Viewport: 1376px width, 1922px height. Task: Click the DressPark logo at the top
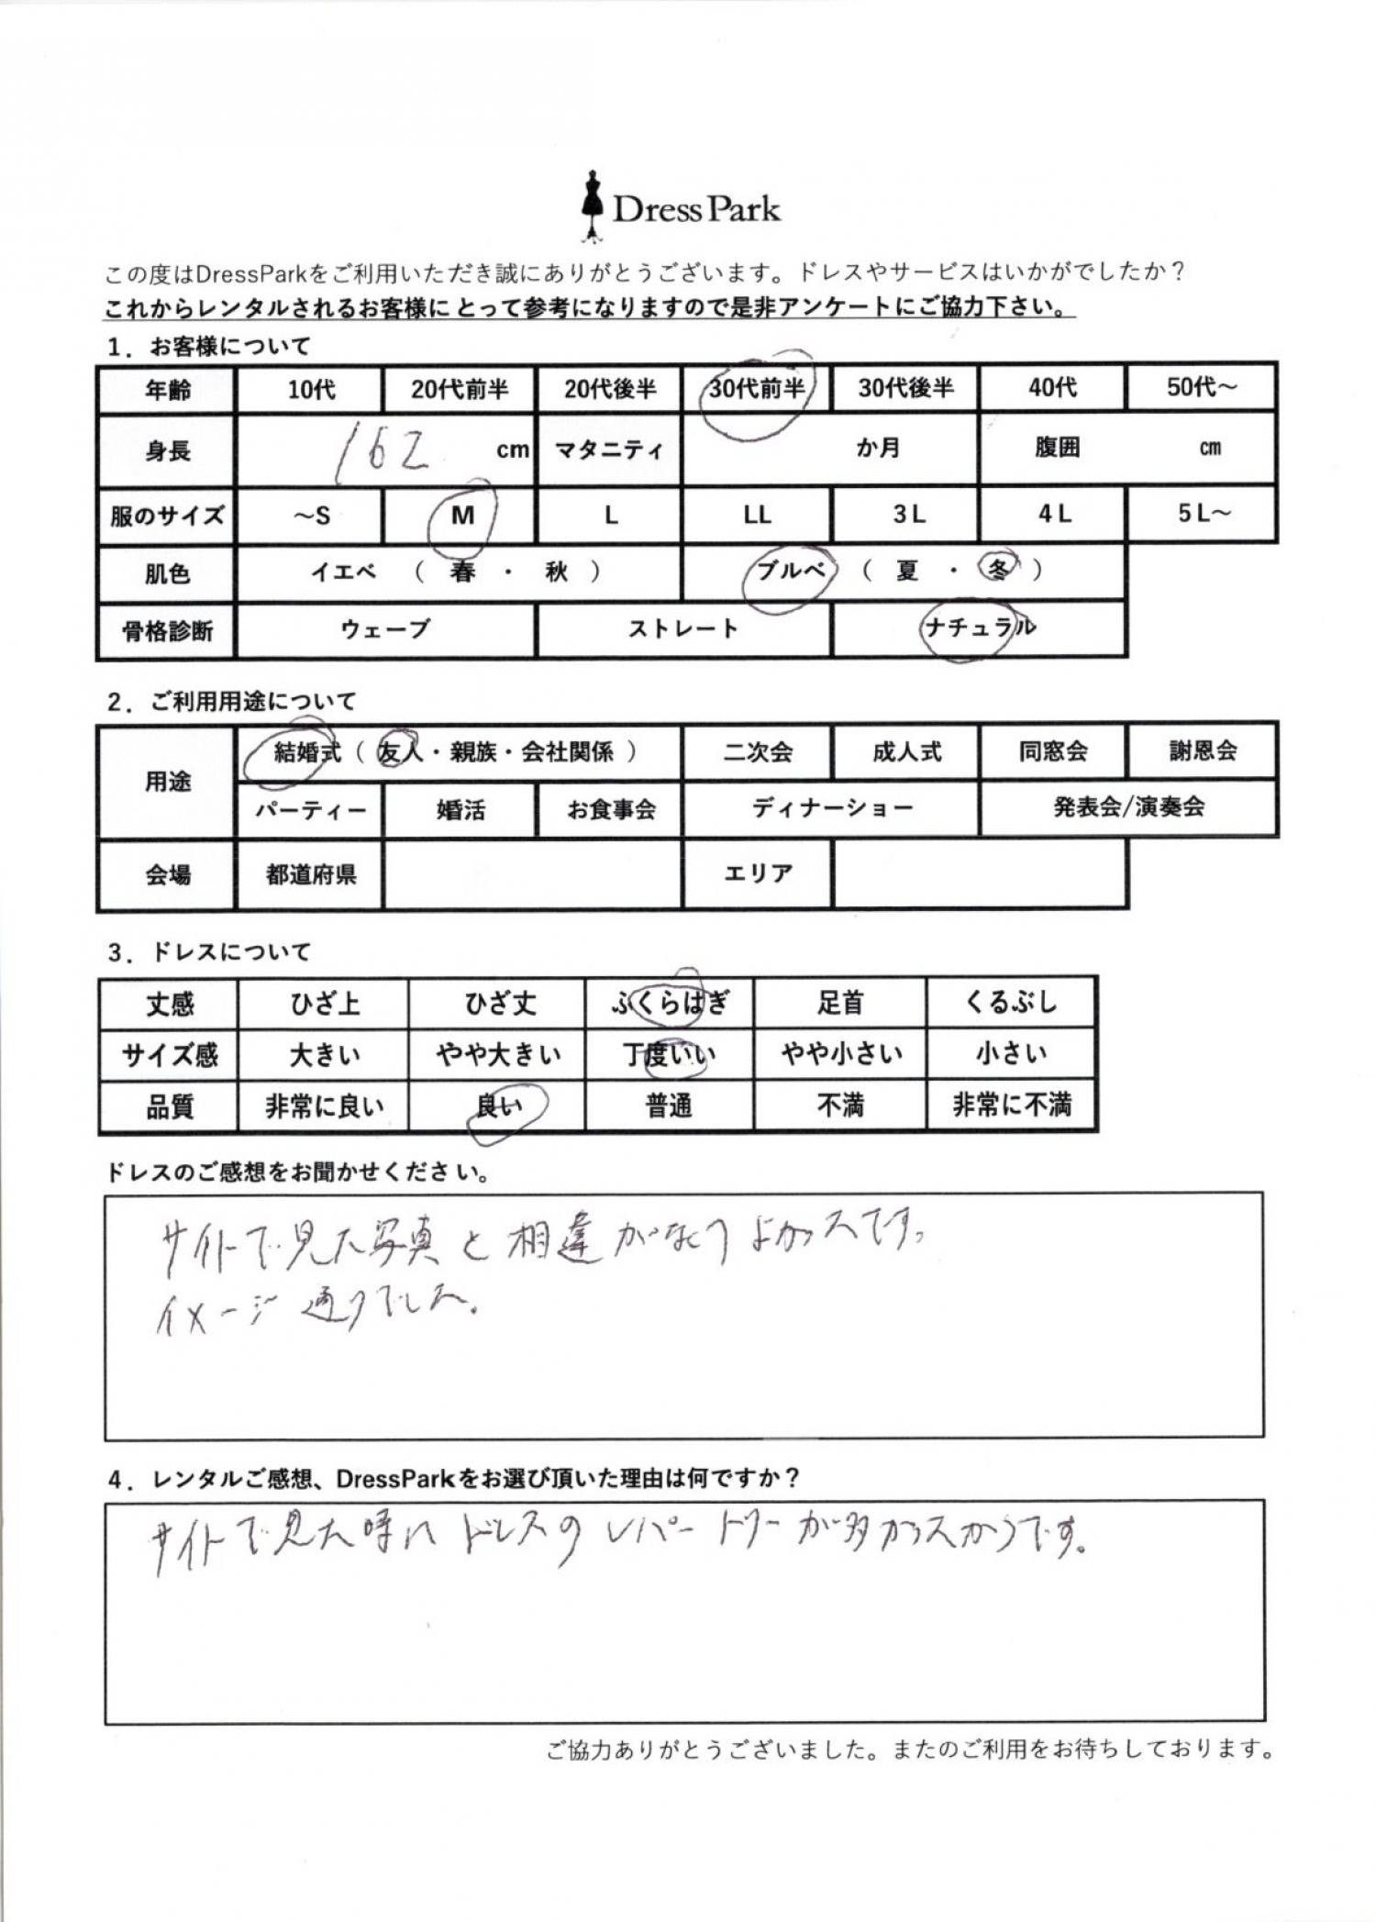[680, 209]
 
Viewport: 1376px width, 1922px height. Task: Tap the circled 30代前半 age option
[757, 389]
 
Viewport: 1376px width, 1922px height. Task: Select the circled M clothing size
[462, 516]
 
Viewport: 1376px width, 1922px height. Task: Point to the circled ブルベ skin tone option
[791, 571]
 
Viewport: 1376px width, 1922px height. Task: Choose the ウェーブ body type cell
[385, 629]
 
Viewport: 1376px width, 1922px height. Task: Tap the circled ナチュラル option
[980, 628]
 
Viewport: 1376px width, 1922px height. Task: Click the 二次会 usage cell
[758, 752]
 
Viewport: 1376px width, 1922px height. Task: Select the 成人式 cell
[906, 752]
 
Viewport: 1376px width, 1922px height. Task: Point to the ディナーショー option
[832, 808]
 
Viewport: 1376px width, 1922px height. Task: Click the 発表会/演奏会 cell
[1128, 807]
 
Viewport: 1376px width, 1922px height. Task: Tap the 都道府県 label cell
[311, 874]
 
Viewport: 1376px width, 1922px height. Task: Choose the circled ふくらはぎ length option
[670, 1004]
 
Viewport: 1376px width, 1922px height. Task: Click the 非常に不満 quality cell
[1011, 1105]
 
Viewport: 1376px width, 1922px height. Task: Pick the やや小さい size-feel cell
[840, 1054]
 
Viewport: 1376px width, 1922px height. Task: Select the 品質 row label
[170, 1107]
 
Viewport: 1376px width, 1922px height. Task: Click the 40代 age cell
[1052, 388]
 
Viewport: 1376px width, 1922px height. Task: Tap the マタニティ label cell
[609, 450]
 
